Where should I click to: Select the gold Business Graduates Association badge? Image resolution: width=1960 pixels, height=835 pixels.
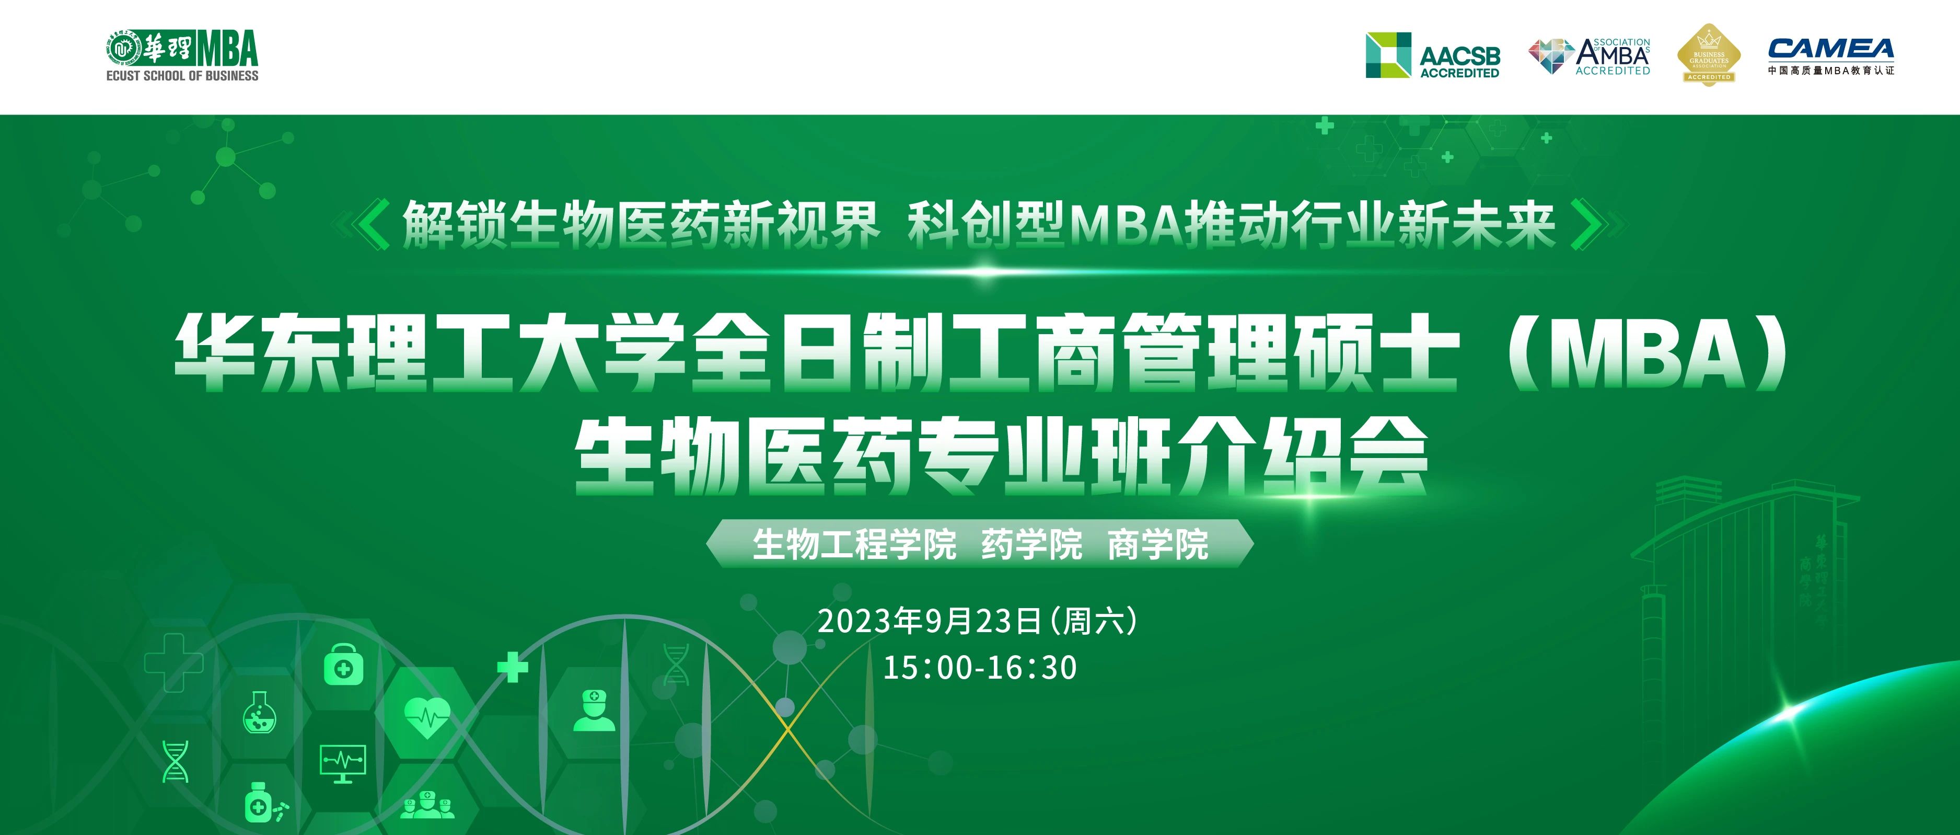tap(1709, 55)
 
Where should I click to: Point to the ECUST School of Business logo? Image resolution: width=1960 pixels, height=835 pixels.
tap(182, 55)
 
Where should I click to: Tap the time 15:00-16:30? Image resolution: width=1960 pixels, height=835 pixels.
tap(979, 668)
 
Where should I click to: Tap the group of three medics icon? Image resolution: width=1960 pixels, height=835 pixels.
tap(427, 805)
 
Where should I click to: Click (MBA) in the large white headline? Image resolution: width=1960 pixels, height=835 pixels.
tap(1648, 352)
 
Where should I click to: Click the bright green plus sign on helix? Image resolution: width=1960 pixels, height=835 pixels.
tap(512, 668)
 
